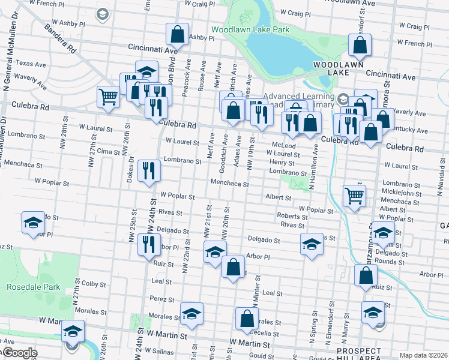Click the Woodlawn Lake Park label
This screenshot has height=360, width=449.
250,29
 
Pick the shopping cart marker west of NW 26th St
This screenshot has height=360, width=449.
108,95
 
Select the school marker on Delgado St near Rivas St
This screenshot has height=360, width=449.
311,244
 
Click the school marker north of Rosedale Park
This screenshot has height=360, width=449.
33,223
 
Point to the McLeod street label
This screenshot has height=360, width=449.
284,145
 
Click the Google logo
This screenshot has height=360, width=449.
19,353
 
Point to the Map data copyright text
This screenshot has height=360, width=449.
423,355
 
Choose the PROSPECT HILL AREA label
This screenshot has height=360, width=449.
358,353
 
